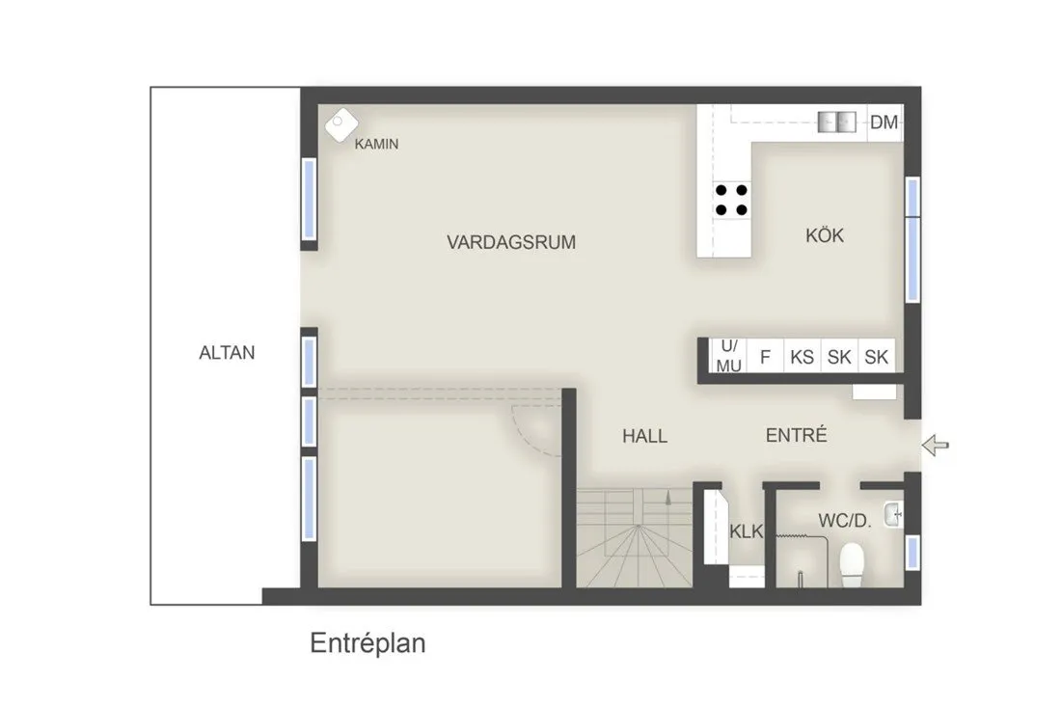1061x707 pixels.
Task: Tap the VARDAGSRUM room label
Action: (x=510, y=242)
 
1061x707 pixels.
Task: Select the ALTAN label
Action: (x=227, y=352)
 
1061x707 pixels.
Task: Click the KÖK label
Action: (x=825, y=234)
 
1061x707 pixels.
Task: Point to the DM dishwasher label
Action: (x=884, y=122)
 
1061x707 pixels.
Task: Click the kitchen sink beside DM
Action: (x=836, y=122)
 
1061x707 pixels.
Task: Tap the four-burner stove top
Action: (x=731, y=199)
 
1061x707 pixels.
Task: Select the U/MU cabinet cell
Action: (x=729, y=356)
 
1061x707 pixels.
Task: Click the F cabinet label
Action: (x=765, y=357)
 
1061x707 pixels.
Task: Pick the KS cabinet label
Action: (x=802, y=357)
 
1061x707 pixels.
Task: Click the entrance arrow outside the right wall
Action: (x=936, y=445)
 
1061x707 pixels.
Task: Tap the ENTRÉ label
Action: (x=796, y=435)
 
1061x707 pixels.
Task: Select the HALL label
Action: (x=644, y=436)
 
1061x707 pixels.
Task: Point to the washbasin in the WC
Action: (x=893, y=515)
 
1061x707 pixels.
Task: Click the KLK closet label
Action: (x=747, y=531)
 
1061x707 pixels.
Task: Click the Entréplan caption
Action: (x=367, y=643)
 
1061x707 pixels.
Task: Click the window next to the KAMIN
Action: (x=309, y=199)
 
